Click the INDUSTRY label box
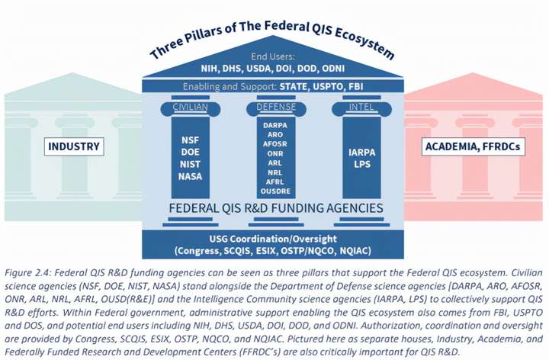[75, 146]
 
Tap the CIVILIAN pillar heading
[189, 108]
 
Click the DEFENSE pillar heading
[275, 108]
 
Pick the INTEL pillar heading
[361, 108]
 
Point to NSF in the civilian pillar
[189, 140]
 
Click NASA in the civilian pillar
[189, 176]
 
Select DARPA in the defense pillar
[275, 124]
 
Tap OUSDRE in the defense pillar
[275, 191]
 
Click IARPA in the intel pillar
[361, 152]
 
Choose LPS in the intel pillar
[361, 165]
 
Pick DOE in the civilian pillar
[189, 152]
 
